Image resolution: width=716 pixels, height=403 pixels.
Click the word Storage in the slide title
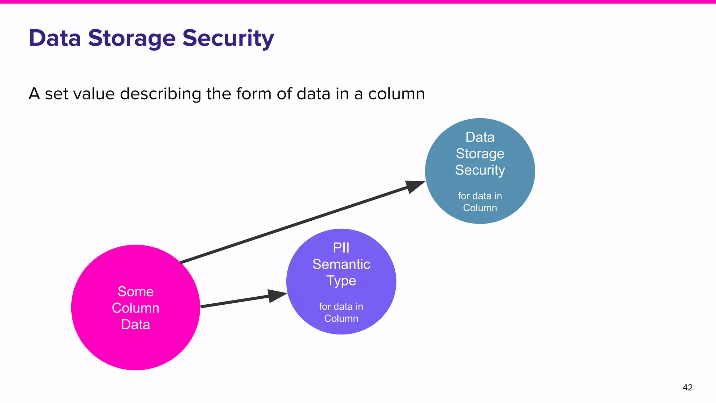(131, 38)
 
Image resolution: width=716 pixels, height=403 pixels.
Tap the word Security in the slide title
(228, 38)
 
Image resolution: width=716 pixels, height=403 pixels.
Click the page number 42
(687, 387)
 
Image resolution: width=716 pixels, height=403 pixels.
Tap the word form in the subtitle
(254, 94)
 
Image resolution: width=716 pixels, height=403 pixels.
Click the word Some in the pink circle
(136, 291)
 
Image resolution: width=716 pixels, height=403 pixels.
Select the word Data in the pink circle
(136, 324)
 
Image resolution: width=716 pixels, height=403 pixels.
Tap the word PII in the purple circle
(341, 248)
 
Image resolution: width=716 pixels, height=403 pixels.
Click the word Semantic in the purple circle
(341, 264)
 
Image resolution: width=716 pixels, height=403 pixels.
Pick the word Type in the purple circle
(341, 281)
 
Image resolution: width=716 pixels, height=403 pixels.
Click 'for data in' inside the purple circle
(341, 306)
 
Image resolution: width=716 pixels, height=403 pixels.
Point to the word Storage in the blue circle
(480, 154)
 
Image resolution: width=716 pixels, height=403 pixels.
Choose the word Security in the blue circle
(480, 170)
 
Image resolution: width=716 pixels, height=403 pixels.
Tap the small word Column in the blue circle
(480, 208)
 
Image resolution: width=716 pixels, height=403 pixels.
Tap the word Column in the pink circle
(136, 308)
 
